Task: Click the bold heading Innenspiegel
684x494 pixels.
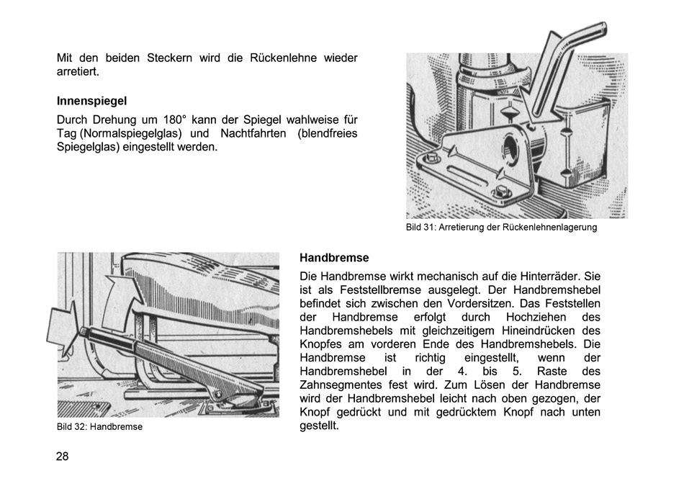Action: tap(91, 102)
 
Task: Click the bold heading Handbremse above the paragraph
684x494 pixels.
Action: tap(334, 258)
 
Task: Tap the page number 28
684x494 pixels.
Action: tap(63, 456)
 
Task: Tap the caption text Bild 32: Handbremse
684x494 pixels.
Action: tap(99, 426)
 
